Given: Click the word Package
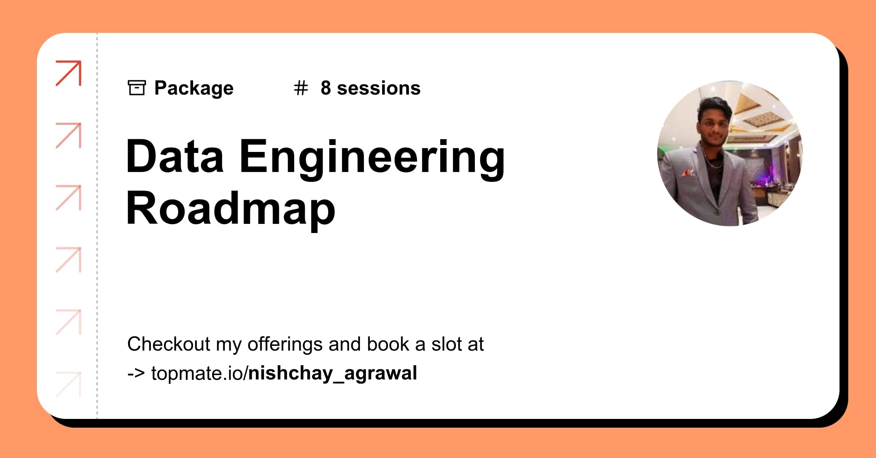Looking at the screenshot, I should pos(194,88).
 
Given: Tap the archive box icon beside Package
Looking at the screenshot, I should pos(137,88).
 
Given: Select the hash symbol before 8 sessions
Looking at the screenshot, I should pos(301,88).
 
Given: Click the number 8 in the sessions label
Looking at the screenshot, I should pos(326,88).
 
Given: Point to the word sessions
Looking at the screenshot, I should pos(379,88).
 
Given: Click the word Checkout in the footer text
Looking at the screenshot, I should pos(169,344).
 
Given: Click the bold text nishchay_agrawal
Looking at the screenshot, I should pos(333,373).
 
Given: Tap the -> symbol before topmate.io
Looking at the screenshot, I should pos(136,373).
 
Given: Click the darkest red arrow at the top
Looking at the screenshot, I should pos(69,73).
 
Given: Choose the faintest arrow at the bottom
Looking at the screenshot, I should pos(69,384).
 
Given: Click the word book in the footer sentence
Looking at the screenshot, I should pos(388,344).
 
